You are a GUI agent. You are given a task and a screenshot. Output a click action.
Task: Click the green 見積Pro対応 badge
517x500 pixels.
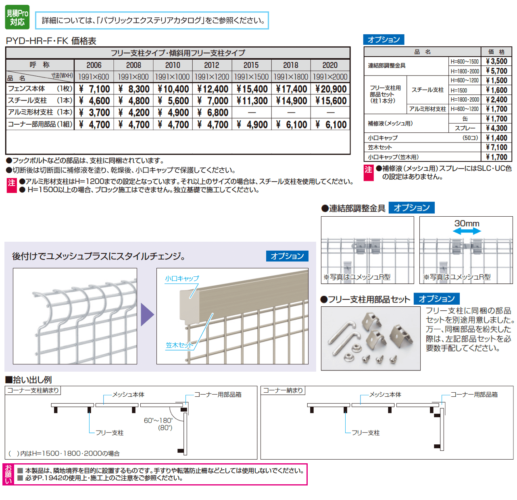pos(17,18)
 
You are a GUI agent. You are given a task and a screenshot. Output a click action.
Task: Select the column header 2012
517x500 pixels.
pos(212,65)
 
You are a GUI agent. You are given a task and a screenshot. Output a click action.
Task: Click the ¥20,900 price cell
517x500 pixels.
pos(330,89)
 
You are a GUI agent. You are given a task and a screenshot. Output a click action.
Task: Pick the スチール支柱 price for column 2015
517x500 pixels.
pos(252,100)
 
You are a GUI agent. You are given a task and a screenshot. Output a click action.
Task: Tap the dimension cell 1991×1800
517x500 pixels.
pos(291,77)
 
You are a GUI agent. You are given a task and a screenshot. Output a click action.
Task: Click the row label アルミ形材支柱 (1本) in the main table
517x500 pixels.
pos(40,112)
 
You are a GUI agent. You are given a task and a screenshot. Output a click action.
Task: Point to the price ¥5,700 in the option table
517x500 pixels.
pos(496,71)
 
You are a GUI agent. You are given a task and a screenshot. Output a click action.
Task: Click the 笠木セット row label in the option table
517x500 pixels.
pos(380,147)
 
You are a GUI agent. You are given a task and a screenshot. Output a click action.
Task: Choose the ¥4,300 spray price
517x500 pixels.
pos(496,128)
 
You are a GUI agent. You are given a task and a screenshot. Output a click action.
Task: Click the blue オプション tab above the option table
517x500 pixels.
pos(384,40)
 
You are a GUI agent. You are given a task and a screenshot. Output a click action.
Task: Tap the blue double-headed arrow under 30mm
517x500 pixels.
pos(467,231)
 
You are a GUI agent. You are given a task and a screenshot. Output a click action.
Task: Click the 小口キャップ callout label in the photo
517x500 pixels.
pos(182,278)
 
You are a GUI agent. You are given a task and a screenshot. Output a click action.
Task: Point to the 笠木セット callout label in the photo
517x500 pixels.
pos(179,345)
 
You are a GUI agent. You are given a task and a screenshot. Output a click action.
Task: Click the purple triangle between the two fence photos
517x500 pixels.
pos(147,314)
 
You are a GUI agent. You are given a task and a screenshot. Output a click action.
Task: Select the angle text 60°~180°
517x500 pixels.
pos(158,421)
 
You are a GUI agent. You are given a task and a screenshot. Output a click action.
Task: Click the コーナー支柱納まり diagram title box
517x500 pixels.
pos(33,390)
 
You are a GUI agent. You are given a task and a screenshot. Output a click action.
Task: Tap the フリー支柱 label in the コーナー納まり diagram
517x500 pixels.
pos(365,433)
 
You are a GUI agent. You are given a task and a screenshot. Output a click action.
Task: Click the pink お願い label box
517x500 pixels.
pos(8,474)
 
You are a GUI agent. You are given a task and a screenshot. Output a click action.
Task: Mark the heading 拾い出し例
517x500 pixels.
pos(29,379)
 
